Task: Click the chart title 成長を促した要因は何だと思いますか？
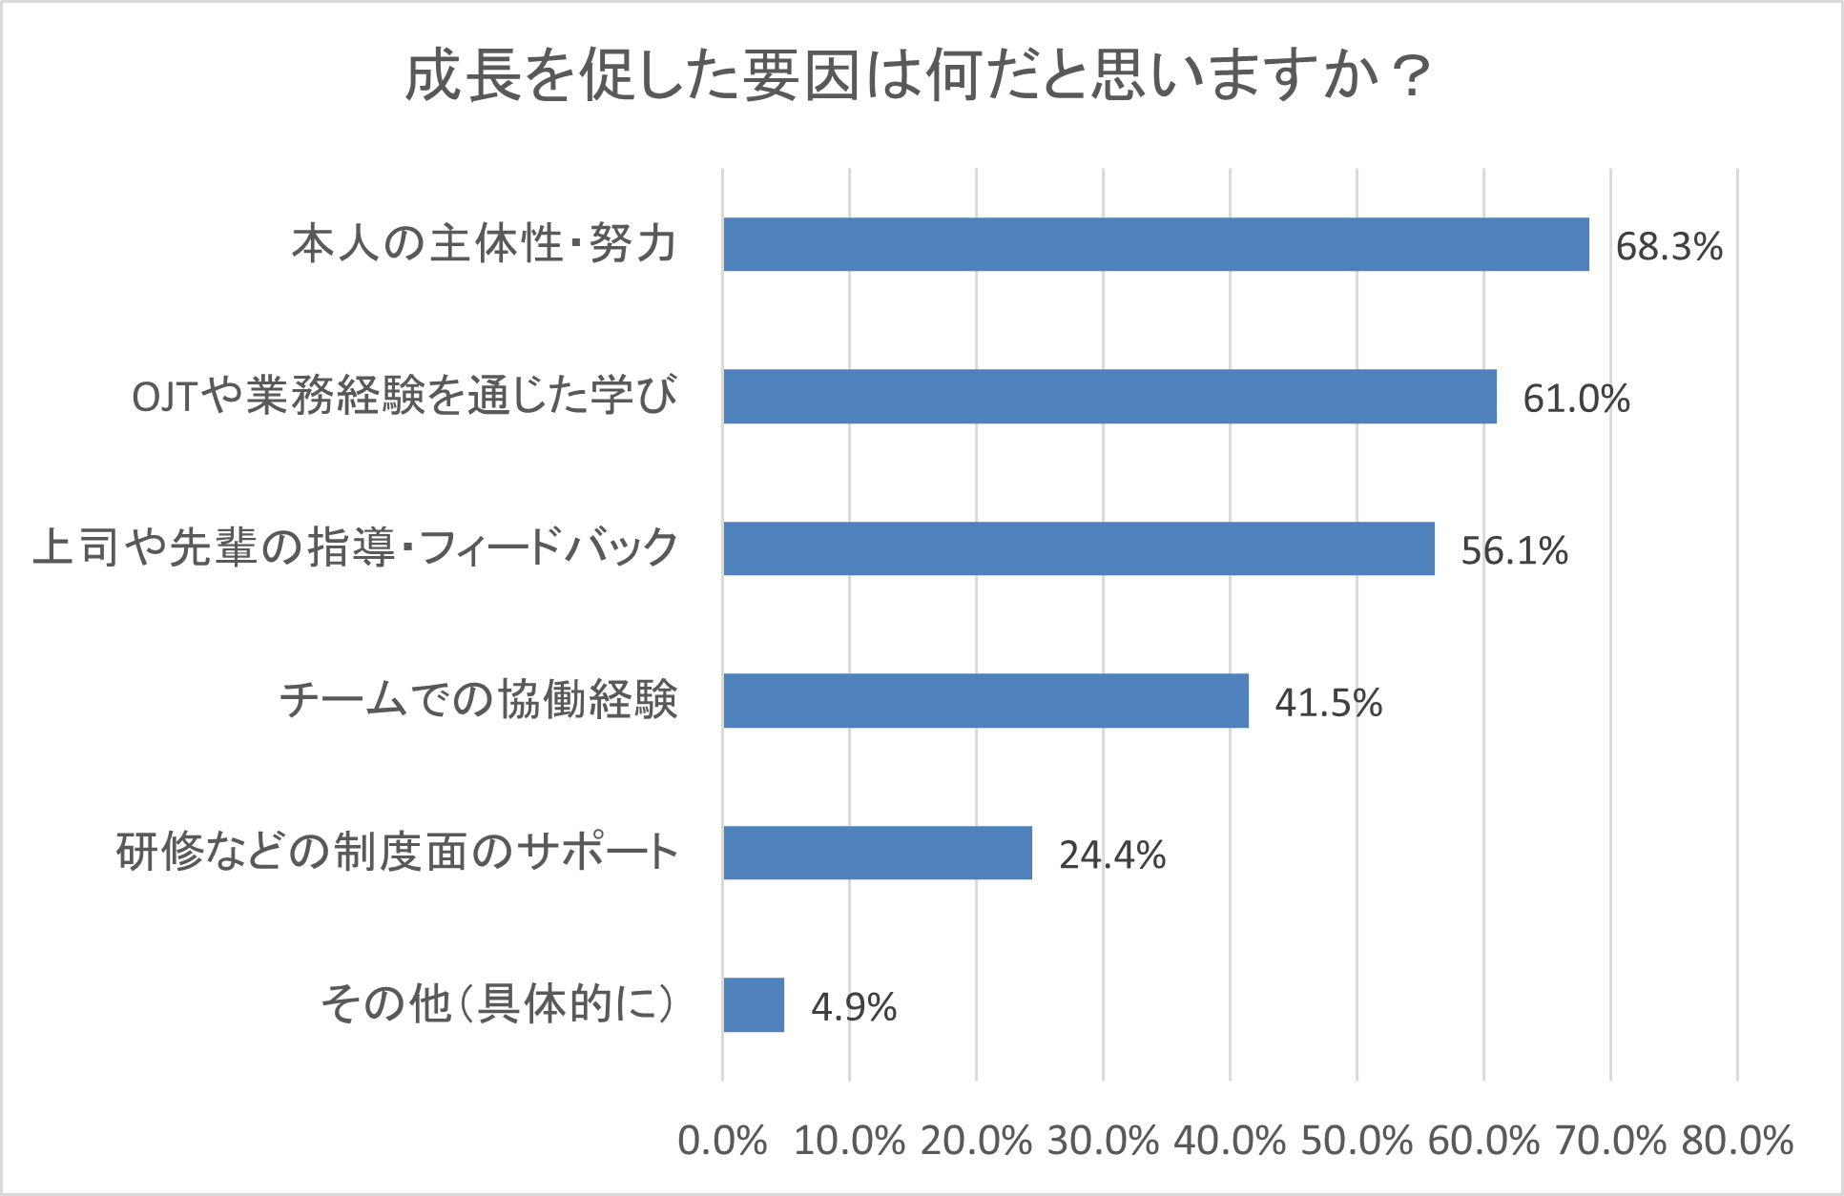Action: (x=918, y=75)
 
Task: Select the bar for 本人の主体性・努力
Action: (x=1155, y=244)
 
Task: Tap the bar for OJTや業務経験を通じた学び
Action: (x=1109, y=396)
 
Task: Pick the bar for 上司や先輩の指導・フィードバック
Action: (x=1078, y=548)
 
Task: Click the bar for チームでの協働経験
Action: (x=985, y=700)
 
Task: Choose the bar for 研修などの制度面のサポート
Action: (x=878, y=853)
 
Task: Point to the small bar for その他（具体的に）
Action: (x=754, y=1004)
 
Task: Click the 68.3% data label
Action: (x=1668, y=246)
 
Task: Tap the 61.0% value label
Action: (x=1576, y=399)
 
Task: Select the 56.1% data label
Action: (x=1514, y=550)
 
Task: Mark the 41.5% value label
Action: (x=1328, y=703)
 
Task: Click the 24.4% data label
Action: (x=1112, y=855)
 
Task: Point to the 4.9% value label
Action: (x=854, y=1007)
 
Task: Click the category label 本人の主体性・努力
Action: (x=484, y=244)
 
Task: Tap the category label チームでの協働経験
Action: (x=478, y=700)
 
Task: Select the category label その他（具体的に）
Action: (x=498, y=1004)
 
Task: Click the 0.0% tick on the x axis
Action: (x=722, y=1141)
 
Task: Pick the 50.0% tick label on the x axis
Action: (x=1357, y=1141)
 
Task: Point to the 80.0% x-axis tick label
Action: (x=1737, y=1141)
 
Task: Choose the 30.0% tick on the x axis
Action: (x=1103, y=1141)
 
